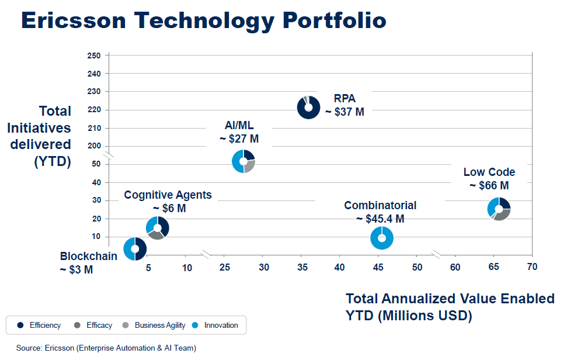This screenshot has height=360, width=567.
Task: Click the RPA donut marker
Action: pyautogui.click(x=308, y=107)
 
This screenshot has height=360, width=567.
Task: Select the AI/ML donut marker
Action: pyautogui.click(x=244, y=161)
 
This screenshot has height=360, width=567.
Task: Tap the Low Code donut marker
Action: pyautogui.click(x=499, y=209)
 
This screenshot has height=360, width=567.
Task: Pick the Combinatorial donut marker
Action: pyautogui.click(x=382, y=238)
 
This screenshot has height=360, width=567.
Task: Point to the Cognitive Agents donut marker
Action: pyautogui.click(x=158, y=228)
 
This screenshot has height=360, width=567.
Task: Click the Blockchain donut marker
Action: pyautogui.click(x=135, y=248)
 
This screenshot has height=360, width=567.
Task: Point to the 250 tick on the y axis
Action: pyautogui.click(x=94, y=56)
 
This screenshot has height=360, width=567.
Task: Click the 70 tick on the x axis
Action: pyautogui.click(x=531, y=267)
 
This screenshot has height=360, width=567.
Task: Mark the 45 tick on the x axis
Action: pyautogui.click(x=378, y=267)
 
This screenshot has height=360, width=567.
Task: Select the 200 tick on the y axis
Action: pyautogui.click(x=94, y=146)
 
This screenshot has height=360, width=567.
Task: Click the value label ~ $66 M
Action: pyautogui.click(x=489, y=186)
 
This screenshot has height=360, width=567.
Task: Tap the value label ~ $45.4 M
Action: pyautogui.click(x=380, y=219)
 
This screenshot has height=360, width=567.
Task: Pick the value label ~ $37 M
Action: pyautogui.click(x=345, y=112)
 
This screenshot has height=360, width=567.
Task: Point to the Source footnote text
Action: pyautogui.click(x=106, y=348)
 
